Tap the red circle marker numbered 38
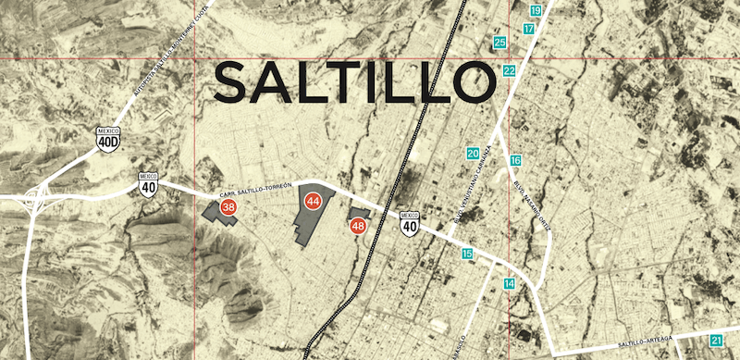pyautogui.click(x=228, y=207)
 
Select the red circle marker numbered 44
pyautogui.click(x=313, y=200)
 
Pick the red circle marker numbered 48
pyautogui.click(x=359, y=226)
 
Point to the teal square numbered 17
pyautogui.click(x=528, y=30)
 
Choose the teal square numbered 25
pyautogui.click(x=500, y=43)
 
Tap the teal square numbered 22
pyautogui.click(x=510, y=71)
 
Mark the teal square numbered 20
pyautogui.click(x=473, y=153)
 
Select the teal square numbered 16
pyautogui.click(x=515, y=161)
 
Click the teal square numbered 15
pyautogui.click(x=467, y=254)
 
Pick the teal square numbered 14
pyautogui.click(x=509, y=283)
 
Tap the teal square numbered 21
pyautogui.click(x=717, y=341)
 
